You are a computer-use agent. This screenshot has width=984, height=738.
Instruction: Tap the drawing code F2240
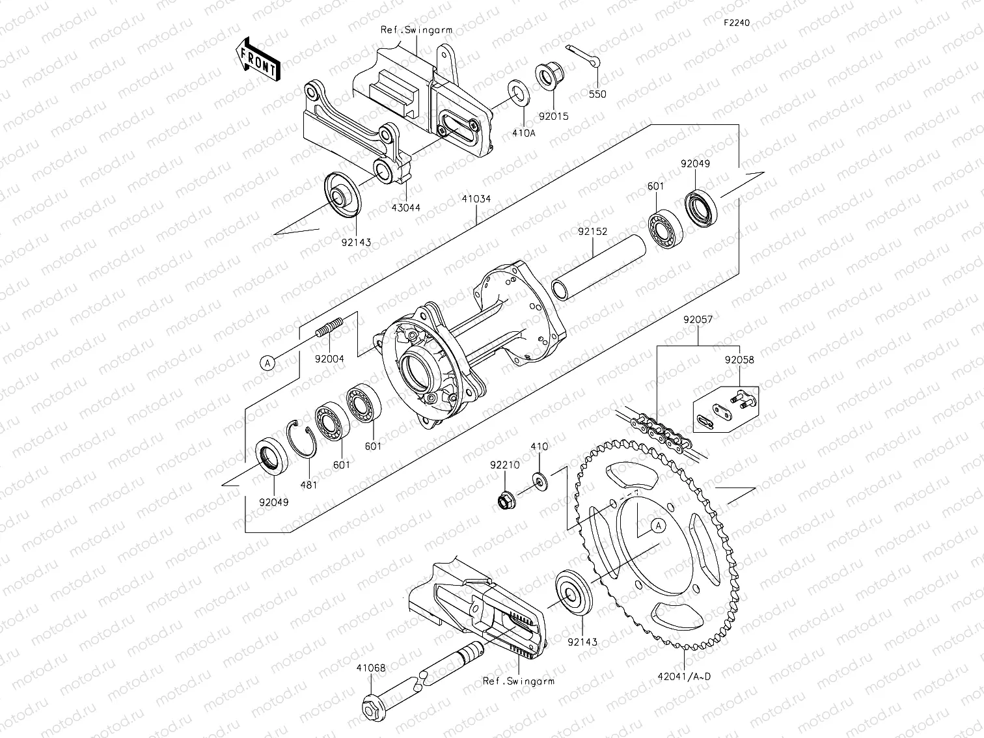point(737,23)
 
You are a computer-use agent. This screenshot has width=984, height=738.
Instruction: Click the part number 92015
point(553,117)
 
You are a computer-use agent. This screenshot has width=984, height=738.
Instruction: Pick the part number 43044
point(405,208)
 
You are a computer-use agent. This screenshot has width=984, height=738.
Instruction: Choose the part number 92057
point(698,320)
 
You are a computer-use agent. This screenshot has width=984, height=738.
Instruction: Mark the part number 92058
point(739,359)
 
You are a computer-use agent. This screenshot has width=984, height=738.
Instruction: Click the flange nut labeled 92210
point(504,500)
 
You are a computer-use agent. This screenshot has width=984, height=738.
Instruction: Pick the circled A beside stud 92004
point(267,363)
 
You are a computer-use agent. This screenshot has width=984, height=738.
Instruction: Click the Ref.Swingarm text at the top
point(417,30)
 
